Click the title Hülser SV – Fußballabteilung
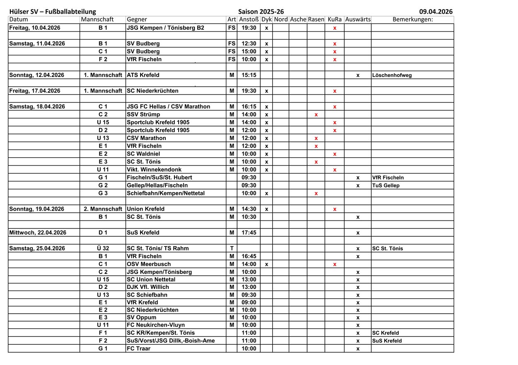(52, 12)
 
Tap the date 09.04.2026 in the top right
(436, 12)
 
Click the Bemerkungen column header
(412, 19)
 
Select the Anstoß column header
(249, 19)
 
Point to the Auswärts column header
(358, 19)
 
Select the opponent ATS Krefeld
(143, 75)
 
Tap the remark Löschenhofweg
(392, 75)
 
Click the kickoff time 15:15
(249, 75)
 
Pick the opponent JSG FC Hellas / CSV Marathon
(168, 106)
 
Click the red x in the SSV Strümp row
(316, 115)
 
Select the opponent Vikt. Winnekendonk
(154, 170)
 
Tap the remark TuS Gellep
(386, 185)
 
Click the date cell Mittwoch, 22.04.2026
(38, 233)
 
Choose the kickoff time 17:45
(249, 233)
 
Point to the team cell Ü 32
(103, 248)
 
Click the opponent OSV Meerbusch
(149, 264)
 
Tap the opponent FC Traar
(139, 348)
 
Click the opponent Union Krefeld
(145, 209)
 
